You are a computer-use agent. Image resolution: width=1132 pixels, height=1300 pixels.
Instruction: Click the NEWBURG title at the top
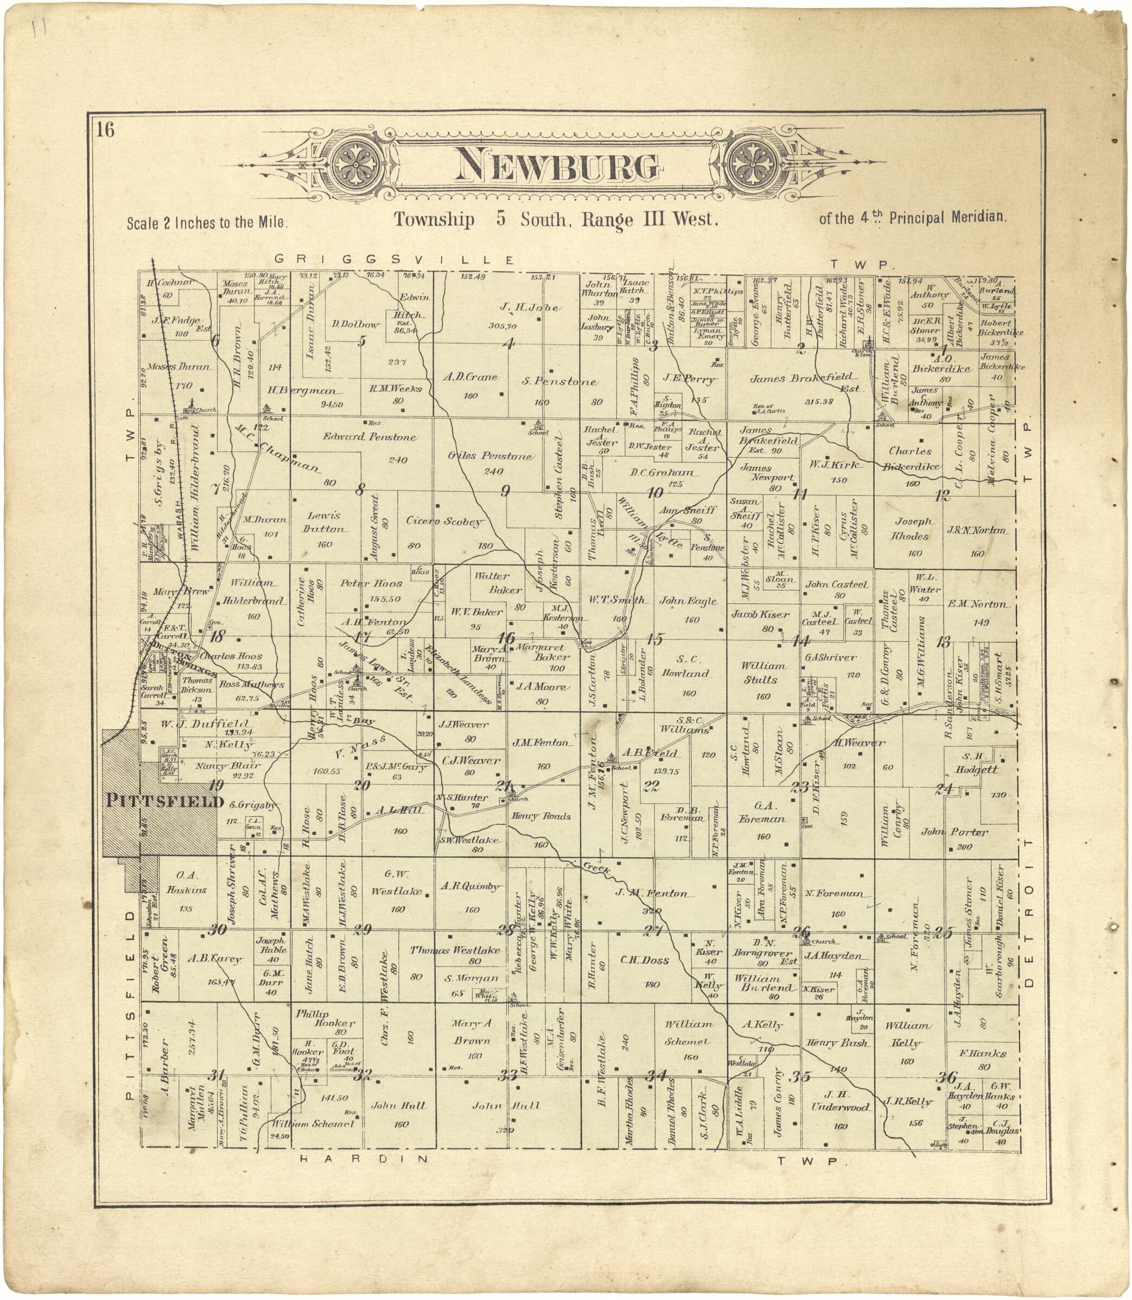558,166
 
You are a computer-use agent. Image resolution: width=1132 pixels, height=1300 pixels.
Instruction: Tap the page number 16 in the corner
105,130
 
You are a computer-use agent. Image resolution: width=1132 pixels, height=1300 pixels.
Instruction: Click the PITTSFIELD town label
164,801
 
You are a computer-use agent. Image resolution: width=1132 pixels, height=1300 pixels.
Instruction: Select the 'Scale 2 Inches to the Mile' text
207,223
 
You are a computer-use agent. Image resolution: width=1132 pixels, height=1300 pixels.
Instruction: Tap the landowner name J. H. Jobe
529,308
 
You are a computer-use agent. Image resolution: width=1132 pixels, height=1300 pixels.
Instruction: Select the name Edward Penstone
370,437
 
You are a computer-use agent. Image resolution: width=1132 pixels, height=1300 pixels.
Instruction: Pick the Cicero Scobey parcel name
445,522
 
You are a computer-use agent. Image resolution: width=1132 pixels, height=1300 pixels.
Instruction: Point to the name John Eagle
688,601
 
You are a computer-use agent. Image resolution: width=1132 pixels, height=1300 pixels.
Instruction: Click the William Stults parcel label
764,672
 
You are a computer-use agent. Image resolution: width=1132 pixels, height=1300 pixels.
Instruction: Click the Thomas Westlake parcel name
455,950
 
